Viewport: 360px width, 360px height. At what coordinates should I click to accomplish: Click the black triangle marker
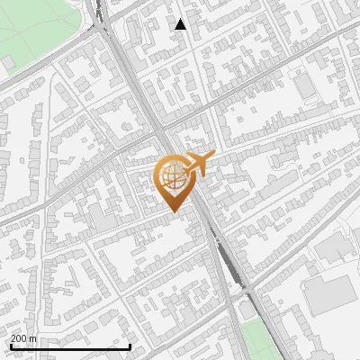pyautogui.click(x=181, y=24)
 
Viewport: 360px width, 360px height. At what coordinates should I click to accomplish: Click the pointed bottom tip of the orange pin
pyautogui.click(x=174, y=211)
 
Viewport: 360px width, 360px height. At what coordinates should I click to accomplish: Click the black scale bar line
pyautogui.click(x=70, y=346)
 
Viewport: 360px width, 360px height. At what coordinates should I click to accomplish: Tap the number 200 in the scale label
pyautogui.click(x=20, y=338)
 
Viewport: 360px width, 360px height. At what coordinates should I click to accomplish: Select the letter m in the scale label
pyautogui.click(x=33, y=338)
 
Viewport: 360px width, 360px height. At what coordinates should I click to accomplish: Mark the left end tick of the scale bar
pyautogui.click(x=10, y=345)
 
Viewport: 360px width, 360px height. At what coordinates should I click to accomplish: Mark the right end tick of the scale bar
pyautogui.click(x=130, y=345)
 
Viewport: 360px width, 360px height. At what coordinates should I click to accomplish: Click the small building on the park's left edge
pyautogui.click(x=7, y=62)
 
